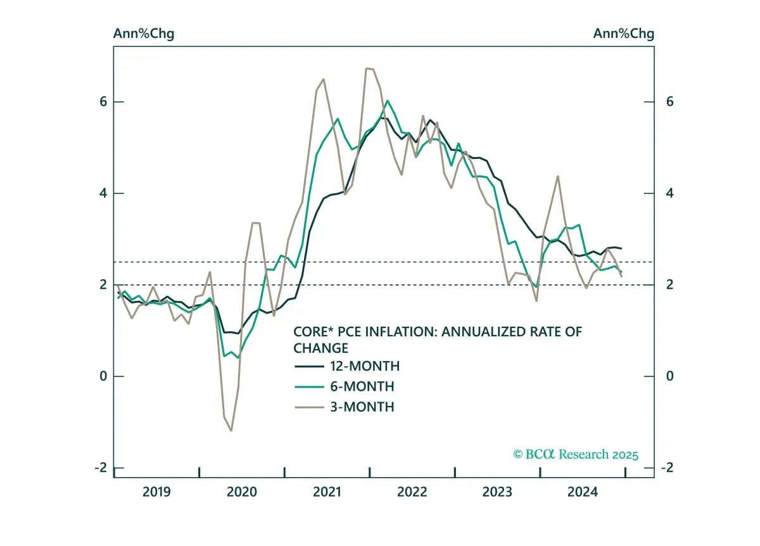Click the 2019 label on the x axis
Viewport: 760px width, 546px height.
pos(156,492)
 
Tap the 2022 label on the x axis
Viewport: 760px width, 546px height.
pos(412,492)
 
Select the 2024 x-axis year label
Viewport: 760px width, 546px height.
pos(583,492)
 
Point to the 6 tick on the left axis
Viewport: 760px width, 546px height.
pos(103,101)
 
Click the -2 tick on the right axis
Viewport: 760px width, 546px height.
pos(667,467)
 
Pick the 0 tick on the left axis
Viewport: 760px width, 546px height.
pos(103,376)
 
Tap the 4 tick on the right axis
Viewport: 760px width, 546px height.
pos(670,193)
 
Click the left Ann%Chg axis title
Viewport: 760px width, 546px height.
pos(144,34)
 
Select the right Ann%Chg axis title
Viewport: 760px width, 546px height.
pos(624,34)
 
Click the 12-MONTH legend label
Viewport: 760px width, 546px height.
pos(365,366)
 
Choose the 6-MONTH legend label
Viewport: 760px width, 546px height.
pos(362,386)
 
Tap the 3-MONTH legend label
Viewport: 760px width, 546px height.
pos(362,407)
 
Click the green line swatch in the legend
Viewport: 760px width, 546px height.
pos(309,387)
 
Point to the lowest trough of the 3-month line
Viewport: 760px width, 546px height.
pos(231,431)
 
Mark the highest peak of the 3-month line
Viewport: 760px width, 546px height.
pos(367,68)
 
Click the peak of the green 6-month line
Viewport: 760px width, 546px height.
pos(388,101)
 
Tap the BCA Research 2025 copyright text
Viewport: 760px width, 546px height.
pos(576,454)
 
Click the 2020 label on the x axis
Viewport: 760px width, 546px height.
pos(241,492)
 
